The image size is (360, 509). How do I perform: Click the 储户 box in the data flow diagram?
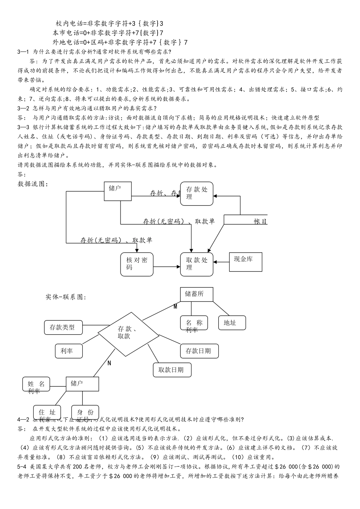118,191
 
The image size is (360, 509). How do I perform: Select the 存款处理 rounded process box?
196,194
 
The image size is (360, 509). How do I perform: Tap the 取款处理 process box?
196,264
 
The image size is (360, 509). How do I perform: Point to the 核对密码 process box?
137,264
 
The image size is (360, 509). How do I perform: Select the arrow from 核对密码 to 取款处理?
167,267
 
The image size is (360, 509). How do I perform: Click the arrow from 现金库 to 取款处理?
221,262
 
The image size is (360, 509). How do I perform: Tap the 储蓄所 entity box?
196,294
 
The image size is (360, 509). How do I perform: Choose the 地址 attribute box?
232,323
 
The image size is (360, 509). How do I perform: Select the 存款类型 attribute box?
62,328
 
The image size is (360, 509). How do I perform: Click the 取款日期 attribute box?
172,370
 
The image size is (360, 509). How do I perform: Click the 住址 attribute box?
47,412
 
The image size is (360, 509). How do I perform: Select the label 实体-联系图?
66,297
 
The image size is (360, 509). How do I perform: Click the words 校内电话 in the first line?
68,23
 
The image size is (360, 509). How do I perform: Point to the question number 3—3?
23,127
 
